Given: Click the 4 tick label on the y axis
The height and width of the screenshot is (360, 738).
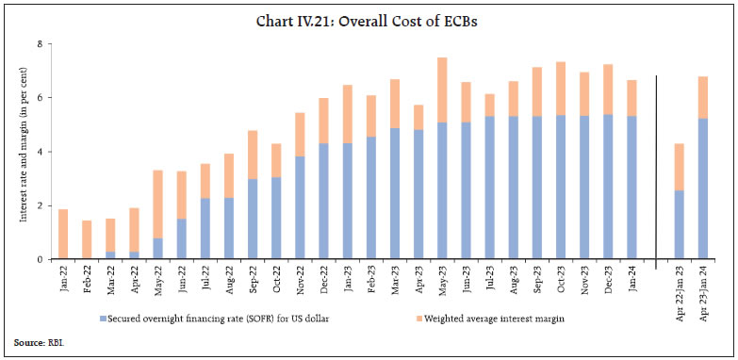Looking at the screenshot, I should point(40,152).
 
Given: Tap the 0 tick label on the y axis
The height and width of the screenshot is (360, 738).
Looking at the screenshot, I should point(40,259).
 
